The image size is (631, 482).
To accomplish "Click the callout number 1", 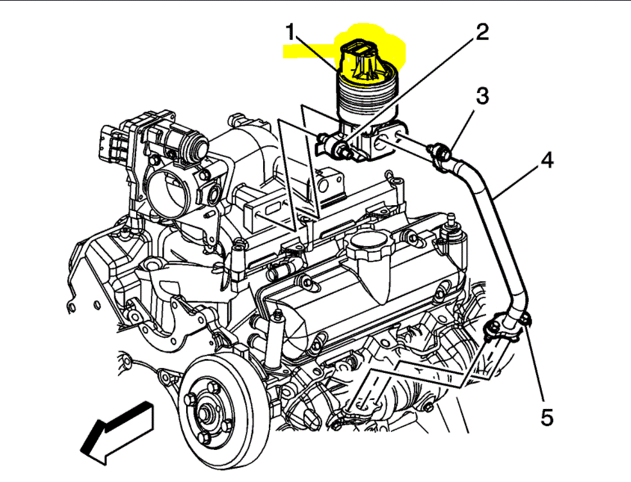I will (291, 33).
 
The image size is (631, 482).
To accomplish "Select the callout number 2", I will (481, 33).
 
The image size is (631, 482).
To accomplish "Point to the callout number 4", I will (546, 161).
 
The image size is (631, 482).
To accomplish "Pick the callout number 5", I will (546, 418).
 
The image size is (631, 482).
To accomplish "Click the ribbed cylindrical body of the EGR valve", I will (364, 103).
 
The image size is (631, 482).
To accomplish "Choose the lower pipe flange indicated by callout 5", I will (507, 324).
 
